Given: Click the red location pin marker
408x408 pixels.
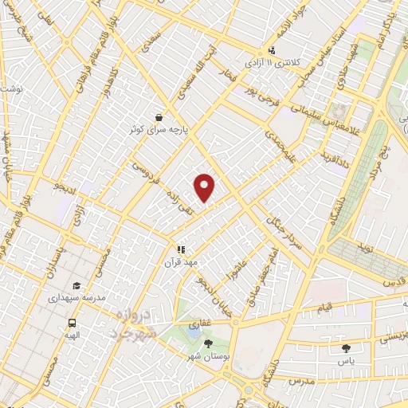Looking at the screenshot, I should [x=206, y=186].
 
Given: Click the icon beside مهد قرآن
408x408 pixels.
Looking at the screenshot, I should [x=181, y=249].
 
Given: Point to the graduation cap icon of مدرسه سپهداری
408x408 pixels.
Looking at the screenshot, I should [x=76, y=286].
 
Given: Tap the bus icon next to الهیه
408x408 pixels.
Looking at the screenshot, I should [x=73, y=324].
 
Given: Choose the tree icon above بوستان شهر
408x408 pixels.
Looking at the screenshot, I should [x=208, y=343].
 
